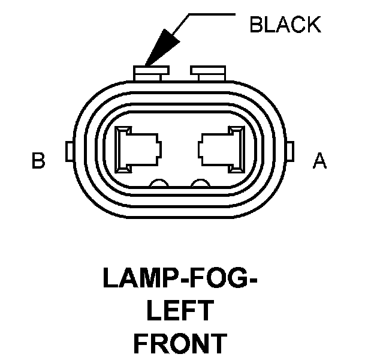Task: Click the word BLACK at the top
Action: coord(285,25)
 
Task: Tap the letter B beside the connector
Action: coord(38,162)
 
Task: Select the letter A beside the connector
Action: coord(320,162)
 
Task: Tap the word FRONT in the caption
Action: coord(180,344)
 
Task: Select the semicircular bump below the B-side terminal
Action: coord(159,184)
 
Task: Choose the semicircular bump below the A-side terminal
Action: coord(200,184)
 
